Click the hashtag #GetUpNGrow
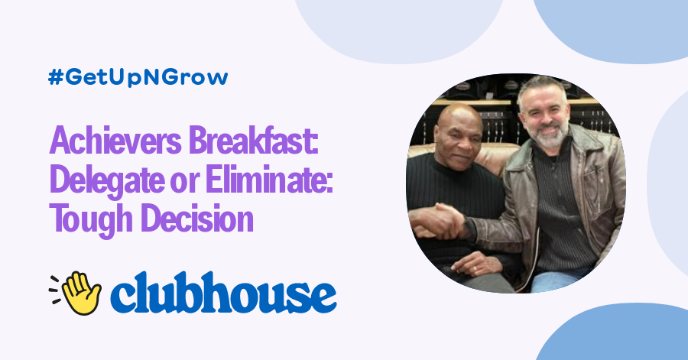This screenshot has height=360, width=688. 138,78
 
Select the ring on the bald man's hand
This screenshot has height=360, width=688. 479,268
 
